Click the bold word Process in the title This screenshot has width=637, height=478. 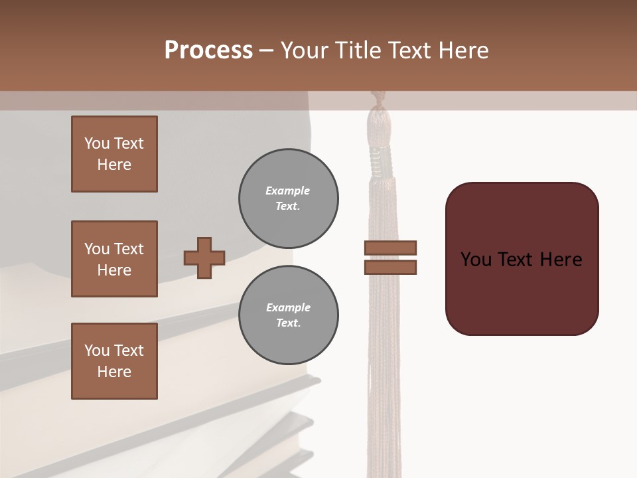pyautogui.click(x=208, y=50)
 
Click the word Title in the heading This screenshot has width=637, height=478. pyautogui.click(x=358, y=50)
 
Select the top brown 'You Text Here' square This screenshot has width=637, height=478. pyautogui.click(x=114, y=154)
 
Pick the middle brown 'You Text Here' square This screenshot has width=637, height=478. pyautogui.click(x=114, y=259)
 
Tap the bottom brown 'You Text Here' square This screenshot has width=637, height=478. pyautogui.click(x=114, y=361)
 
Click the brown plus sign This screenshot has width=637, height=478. pyautogui.click(x=204, y=258)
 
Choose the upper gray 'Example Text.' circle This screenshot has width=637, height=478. pyautogui.click(x=288, y=199)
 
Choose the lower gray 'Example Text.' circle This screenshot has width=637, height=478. pyautogui.click(x=288, y=315)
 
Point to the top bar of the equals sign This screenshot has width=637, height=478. pyautogui.click(x=390, y=248)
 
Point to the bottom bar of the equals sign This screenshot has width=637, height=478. pyautogui.click(x=390, y=267)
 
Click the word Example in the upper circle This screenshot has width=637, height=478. pyautogui.click(x=288, y=191)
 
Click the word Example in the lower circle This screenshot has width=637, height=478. pyautogui.click(x=288, y=307)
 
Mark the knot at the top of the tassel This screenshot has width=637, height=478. pyautogui.click(x=380, y=100)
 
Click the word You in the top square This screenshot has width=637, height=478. pyautogui.click(x=97, y=143)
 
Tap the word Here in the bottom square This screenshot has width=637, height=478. pyautogui.click(x=114, y=372)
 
